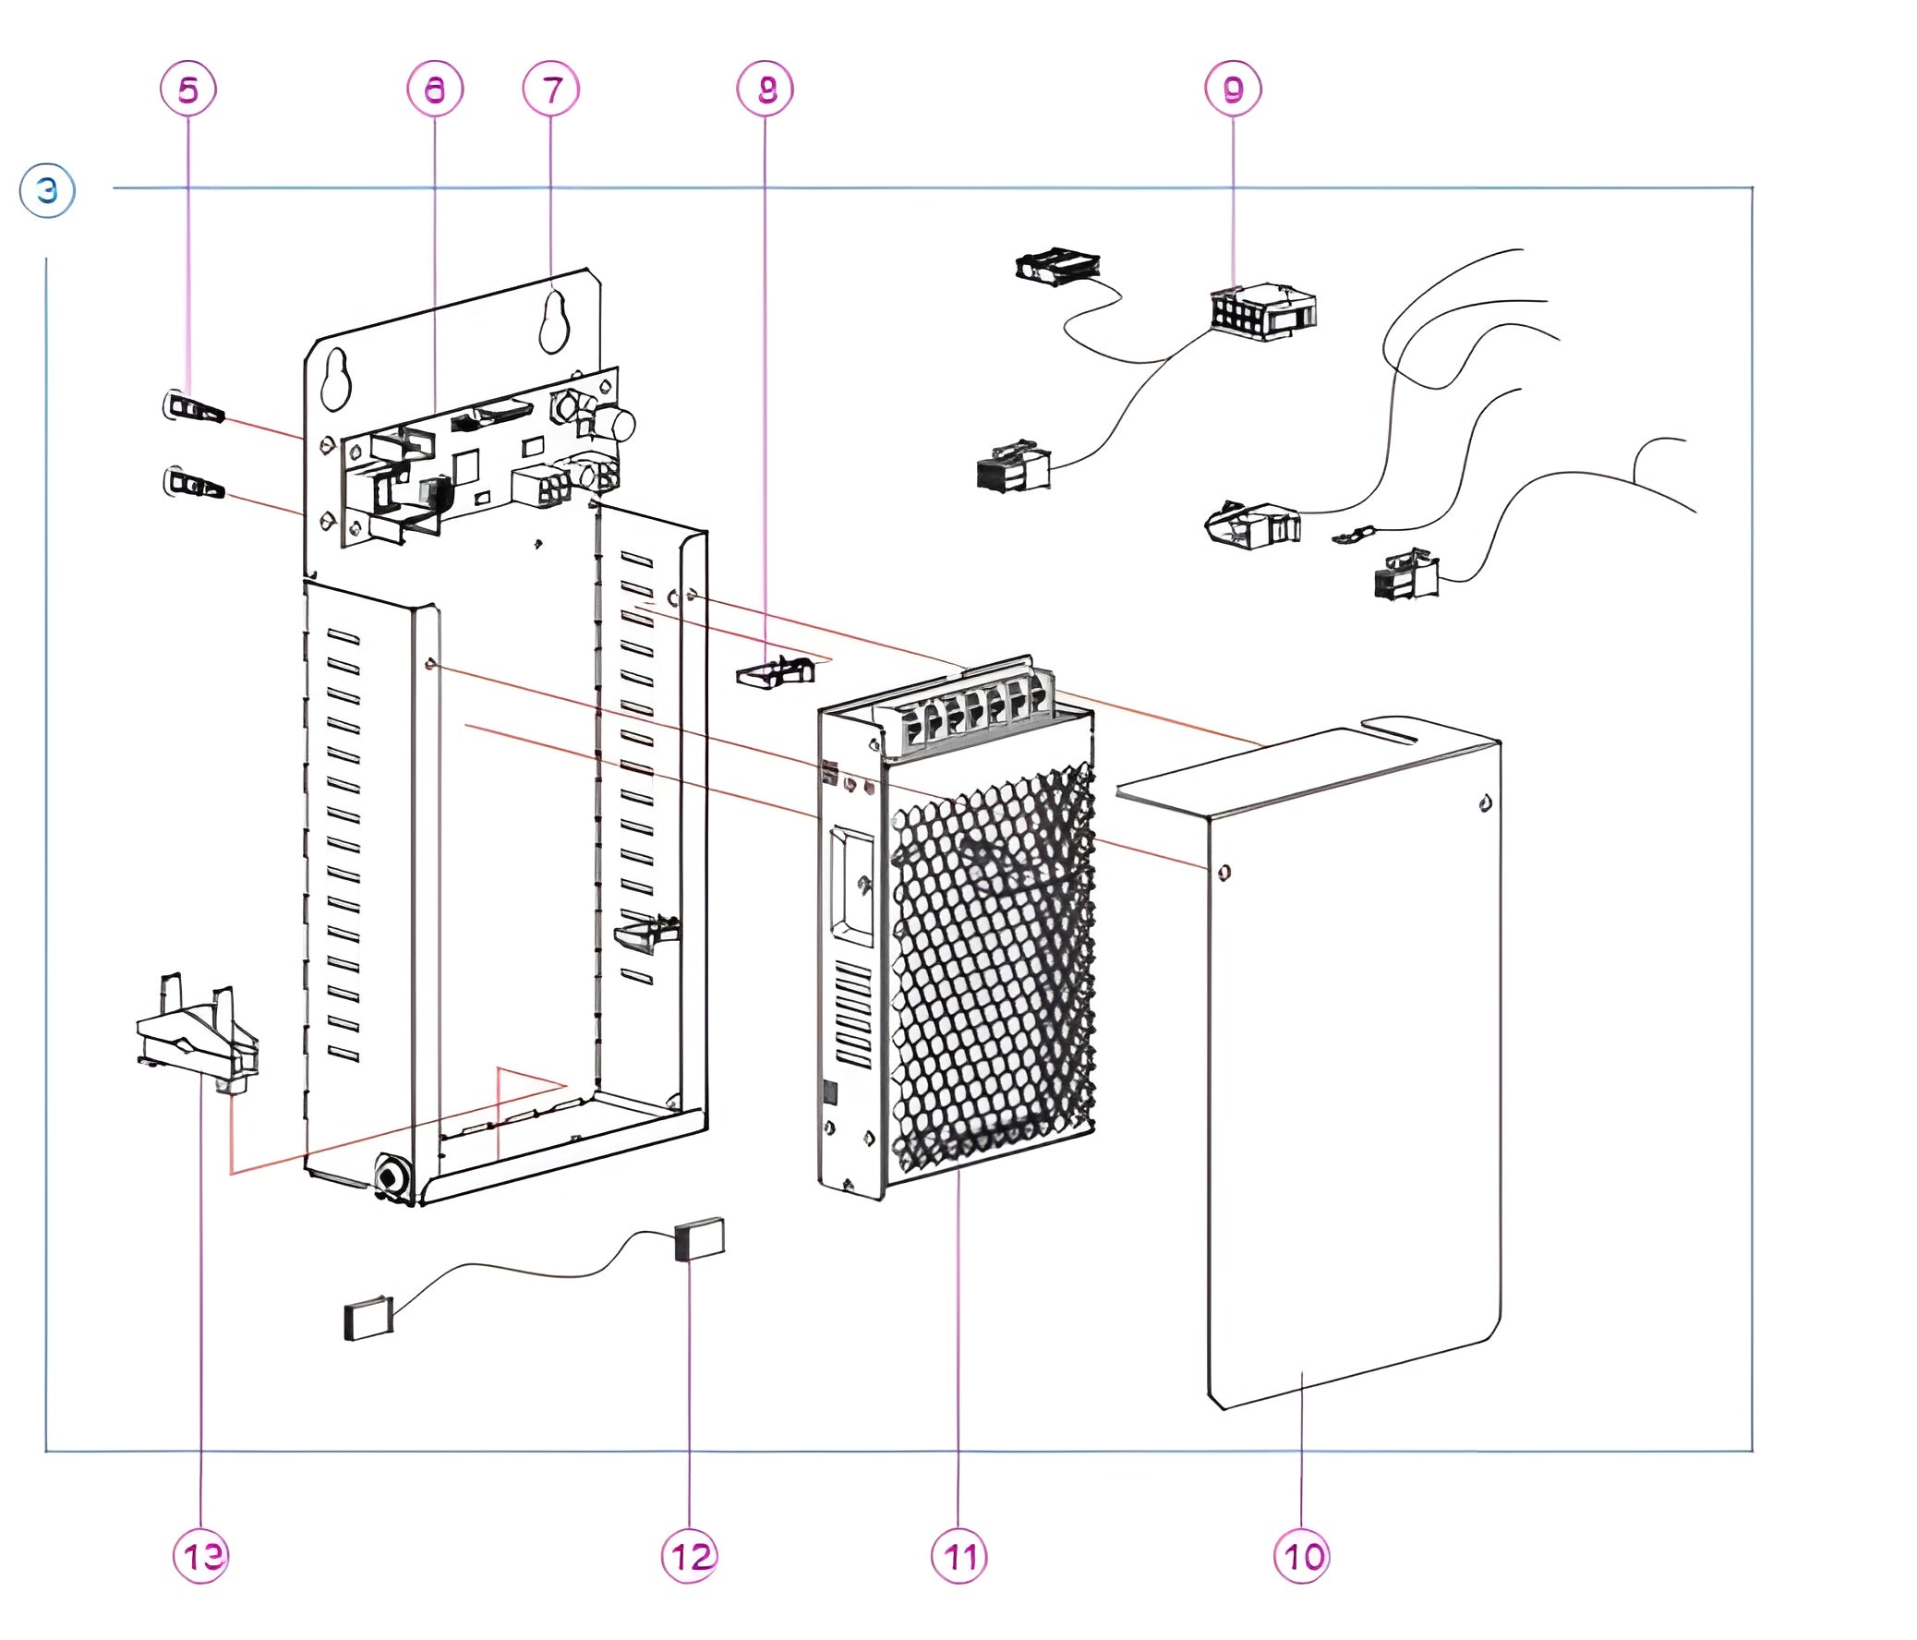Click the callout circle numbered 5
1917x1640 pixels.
point(187,89)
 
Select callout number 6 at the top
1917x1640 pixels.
point(434,89)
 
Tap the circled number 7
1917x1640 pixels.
point(551,89)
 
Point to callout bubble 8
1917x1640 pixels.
point(766,89)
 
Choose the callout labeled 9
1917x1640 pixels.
point(1234,89)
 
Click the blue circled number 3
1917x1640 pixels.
point(47,191)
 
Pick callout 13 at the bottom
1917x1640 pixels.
point(201,1557)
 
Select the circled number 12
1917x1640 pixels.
point(690,1557)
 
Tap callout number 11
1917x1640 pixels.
point(959,1557)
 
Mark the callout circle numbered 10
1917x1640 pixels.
point(1302,1557)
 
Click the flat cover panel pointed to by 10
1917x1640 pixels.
point(1351,1064)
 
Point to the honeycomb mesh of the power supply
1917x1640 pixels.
point(990,971)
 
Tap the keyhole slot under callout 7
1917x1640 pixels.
point(554,320)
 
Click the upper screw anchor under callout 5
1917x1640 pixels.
point(194,408)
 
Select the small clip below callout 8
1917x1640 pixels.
point(776,671)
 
